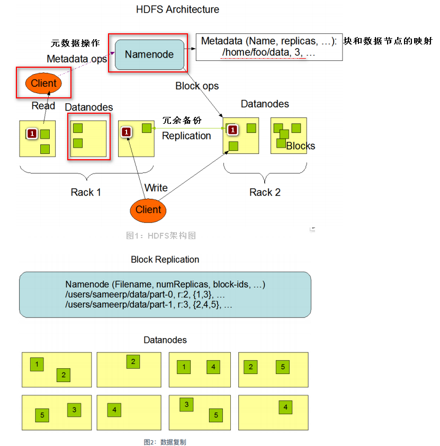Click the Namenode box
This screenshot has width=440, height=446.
pos(149,54)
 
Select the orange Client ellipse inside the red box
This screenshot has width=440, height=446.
pos(44,84)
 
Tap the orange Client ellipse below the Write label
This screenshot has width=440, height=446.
pos(148,210)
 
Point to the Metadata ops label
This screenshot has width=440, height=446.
pos(77,59)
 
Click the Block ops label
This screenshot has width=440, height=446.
pos(197,86)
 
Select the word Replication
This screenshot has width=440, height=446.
pos(186,136)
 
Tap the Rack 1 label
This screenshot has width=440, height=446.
pos(86,192)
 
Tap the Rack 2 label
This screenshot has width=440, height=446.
pos(265,192)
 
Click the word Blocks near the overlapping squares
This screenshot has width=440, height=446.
pos(300,146)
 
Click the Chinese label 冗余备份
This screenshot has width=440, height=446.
pos(182,121)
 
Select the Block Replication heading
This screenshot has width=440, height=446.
pos(165,260)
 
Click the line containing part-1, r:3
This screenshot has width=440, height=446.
pos(149,305)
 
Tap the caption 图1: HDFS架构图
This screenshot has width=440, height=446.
pos(161,235)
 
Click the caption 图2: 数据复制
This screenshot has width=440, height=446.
pos(165,442)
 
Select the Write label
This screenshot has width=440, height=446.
pos(156,188)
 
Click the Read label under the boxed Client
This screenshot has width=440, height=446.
pos(43,106)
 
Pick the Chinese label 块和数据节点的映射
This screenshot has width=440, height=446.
pos(388,41)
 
